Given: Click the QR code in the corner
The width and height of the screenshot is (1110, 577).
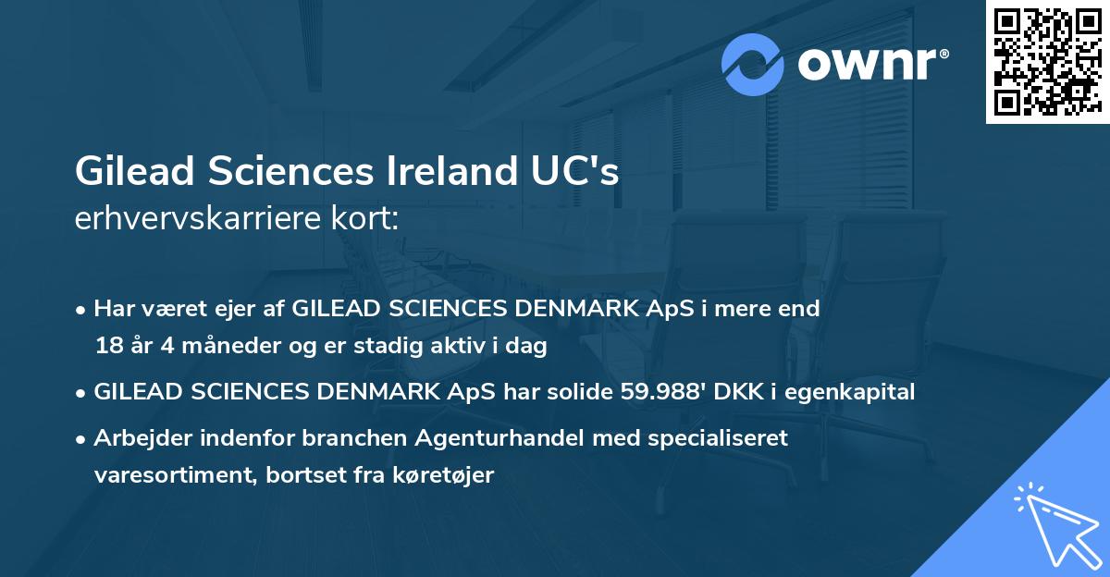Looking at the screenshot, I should pos(1048,61).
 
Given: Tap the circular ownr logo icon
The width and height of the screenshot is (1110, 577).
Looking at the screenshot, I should pos(752,64).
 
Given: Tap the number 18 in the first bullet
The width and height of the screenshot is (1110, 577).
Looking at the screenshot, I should pos(107,347).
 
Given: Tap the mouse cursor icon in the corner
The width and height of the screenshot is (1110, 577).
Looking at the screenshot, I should pos(1054,522).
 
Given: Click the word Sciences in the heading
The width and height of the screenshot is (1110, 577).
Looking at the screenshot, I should pos(283,172).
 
